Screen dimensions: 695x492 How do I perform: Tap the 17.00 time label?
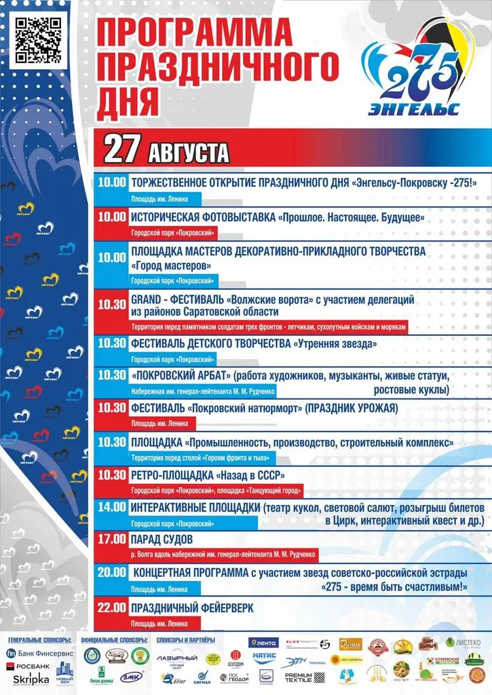coord(112,539)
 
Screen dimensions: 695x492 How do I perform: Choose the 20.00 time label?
coord(112,572)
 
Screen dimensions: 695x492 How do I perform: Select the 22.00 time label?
coord(112,607)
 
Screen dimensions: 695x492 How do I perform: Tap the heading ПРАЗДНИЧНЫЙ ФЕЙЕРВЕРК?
coord(192,608)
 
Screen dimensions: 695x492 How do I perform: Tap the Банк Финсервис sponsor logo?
coord(35,653)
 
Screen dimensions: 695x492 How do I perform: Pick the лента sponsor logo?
coord(263,642)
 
